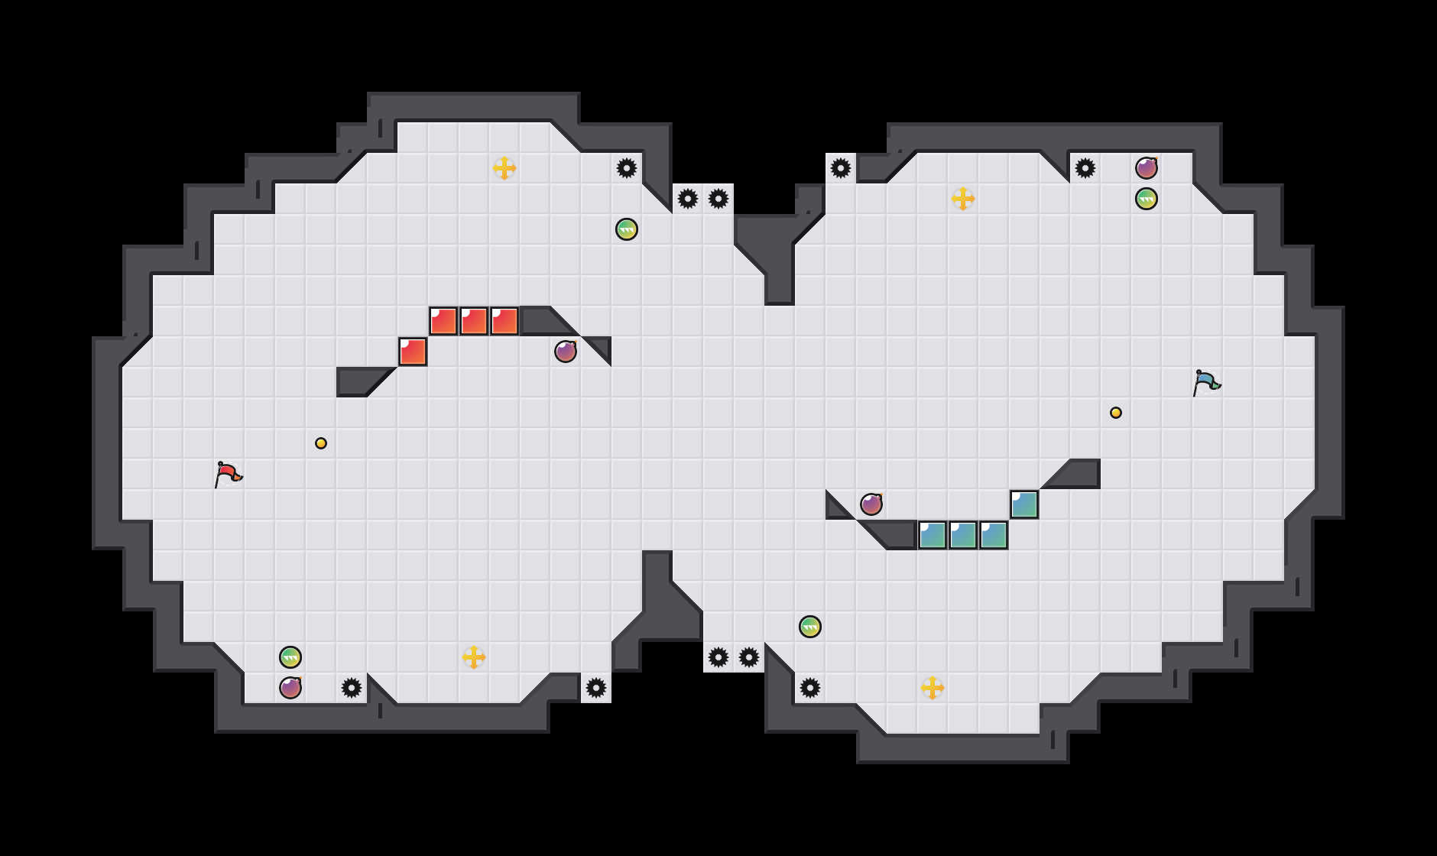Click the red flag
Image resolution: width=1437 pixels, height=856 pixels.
click(x=228, y=474)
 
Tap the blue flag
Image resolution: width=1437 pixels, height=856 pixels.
click(x=1206, y=382)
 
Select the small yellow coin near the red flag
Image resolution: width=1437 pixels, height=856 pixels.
click(x=321, y=443)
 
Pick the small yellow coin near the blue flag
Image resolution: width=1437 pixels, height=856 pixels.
click(x=1116, y=413)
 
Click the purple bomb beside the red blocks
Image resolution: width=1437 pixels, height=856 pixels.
click(x=566, y=352)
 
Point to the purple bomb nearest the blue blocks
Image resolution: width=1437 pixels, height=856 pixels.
click(x=871, y=504)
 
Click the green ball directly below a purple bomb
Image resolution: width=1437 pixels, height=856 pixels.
click(x=1147, y=199)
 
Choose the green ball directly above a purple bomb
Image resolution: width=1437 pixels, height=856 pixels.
click(x=290, y=657)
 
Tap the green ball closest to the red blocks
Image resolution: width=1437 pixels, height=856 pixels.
click(x=627, y=229)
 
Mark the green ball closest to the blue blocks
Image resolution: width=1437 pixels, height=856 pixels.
click(x=810, y=627)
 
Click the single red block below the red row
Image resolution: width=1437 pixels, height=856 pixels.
click(x=413, y=352)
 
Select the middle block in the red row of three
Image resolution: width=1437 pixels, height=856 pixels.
click(x=474, y=321)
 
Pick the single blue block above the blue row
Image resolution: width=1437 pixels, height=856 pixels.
click(x=1024, y=504)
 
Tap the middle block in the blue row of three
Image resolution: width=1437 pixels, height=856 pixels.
click(x=963, y=535)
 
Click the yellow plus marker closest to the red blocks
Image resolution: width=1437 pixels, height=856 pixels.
click(x=504, y=168)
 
